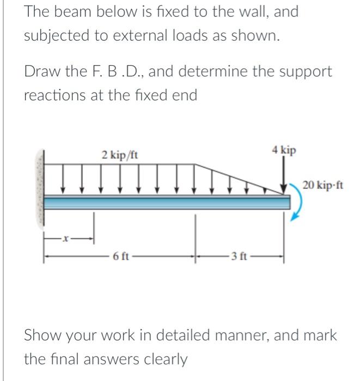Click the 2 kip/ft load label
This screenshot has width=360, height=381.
coord(120,155)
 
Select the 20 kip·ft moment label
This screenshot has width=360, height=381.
coord(323,185)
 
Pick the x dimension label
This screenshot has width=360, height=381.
coord(66,238)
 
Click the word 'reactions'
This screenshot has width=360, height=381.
coord(49,95)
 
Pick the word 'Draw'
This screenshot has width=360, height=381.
coord(40,71)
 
